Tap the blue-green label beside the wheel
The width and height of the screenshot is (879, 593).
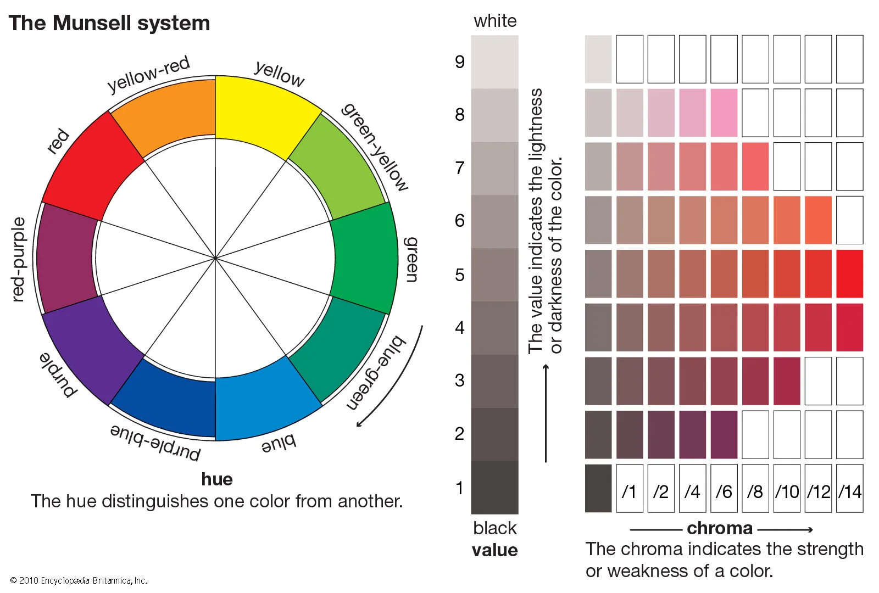[x=376, y=373]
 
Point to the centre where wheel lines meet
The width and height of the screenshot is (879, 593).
[x=215, y=258]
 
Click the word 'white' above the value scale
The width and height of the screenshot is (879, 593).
[x=495, y=21]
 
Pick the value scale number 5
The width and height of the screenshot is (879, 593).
[x=460, y=275]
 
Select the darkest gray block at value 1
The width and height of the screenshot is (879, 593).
[x=494, y=487]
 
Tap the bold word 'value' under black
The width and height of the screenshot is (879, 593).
[x=494, y=550]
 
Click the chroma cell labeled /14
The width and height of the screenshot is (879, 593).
[x=850, y=489]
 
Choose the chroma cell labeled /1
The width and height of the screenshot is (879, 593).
[x=629, y=489]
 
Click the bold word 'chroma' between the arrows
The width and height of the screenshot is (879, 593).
[x=720, y=528]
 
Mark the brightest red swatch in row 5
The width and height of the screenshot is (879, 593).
[x=850, y=274]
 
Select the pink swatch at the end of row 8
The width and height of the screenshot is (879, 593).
[x=724, y=113]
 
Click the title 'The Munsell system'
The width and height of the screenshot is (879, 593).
[x=109, y=23]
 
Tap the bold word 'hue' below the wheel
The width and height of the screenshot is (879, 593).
[x=216, y=479]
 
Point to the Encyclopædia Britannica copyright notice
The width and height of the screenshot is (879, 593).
[x=79, y=580]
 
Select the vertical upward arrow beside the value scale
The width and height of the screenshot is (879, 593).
[x=546, y=412]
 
